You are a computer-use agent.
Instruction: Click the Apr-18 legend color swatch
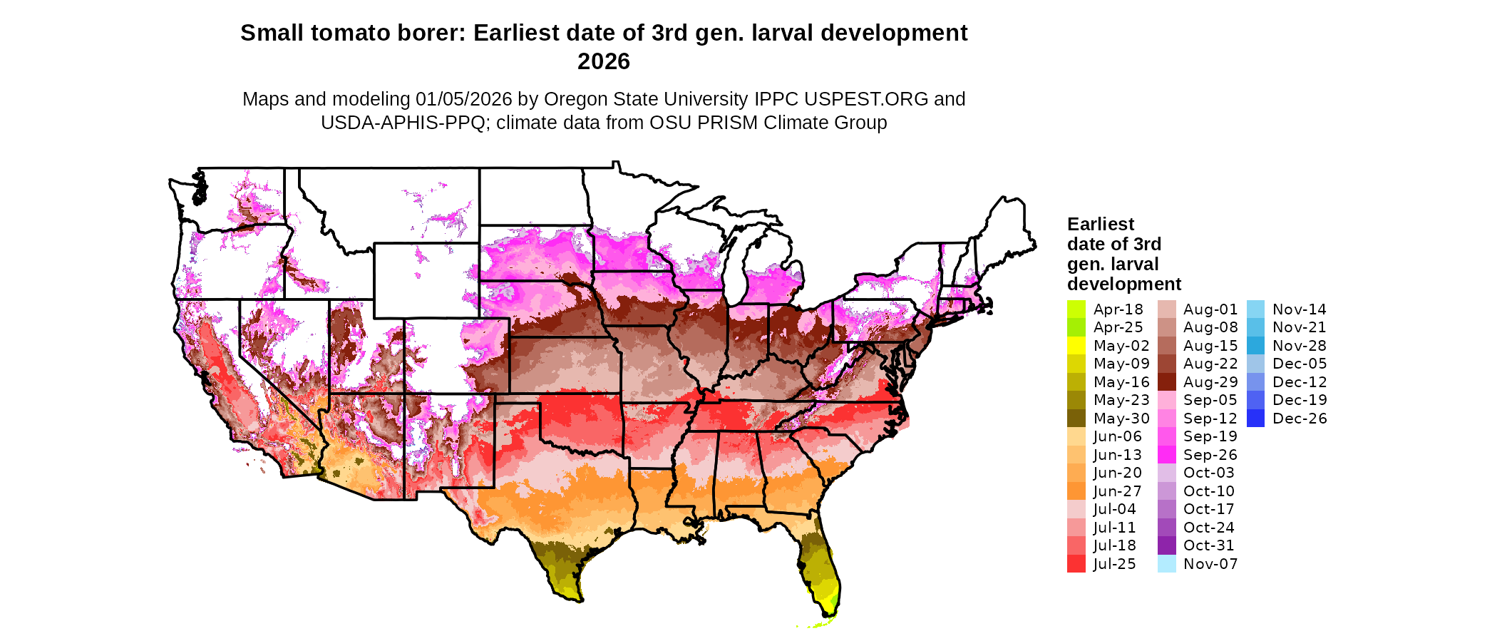point(1076,309)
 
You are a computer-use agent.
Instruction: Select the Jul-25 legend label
point(1114,564)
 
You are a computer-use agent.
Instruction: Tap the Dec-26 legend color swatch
point(1255,419)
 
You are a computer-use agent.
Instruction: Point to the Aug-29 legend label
point(1210,382)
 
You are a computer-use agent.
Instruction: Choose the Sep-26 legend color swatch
point(1166,455)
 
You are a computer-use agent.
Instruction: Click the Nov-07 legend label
point(1210,564)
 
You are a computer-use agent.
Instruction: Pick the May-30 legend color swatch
point(1076,419)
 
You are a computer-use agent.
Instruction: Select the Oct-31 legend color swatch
point(1166,545)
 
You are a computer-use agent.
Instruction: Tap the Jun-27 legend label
point(1117,491)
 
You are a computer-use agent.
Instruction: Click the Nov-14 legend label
point(1299,309)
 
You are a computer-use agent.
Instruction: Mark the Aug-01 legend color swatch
point(1166,309)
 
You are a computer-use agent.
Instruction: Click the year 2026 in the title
point(603,62)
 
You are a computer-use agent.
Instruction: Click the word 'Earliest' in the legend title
point(1100,225)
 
